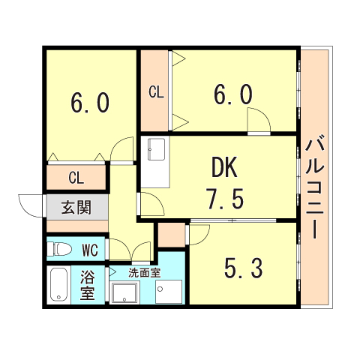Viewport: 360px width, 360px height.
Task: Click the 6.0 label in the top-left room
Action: (x=91, y=102)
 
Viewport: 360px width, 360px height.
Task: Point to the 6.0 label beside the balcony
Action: (x=232, y=94)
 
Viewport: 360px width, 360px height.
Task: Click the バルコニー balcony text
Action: (x=314, y=184)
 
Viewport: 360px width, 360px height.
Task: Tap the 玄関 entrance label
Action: (x=76, y=207)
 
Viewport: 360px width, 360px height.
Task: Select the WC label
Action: (x=91, y=248)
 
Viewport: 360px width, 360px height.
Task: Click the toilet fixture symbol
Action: (x=61, y=248)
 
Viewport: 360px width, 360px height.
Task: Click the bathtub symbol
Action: (x=58, y=286)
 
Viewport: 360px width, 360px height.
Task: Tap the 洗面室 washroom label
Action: (x=144, y=272)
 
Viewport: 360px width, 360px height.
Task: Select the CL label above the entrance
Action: (x=76, y=178)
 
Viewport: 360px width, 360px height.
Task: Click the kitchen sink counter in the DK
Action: (x=155, y=162)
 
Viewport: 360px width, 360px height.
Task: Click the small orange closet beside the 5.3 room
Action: (x=172, y=235)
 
